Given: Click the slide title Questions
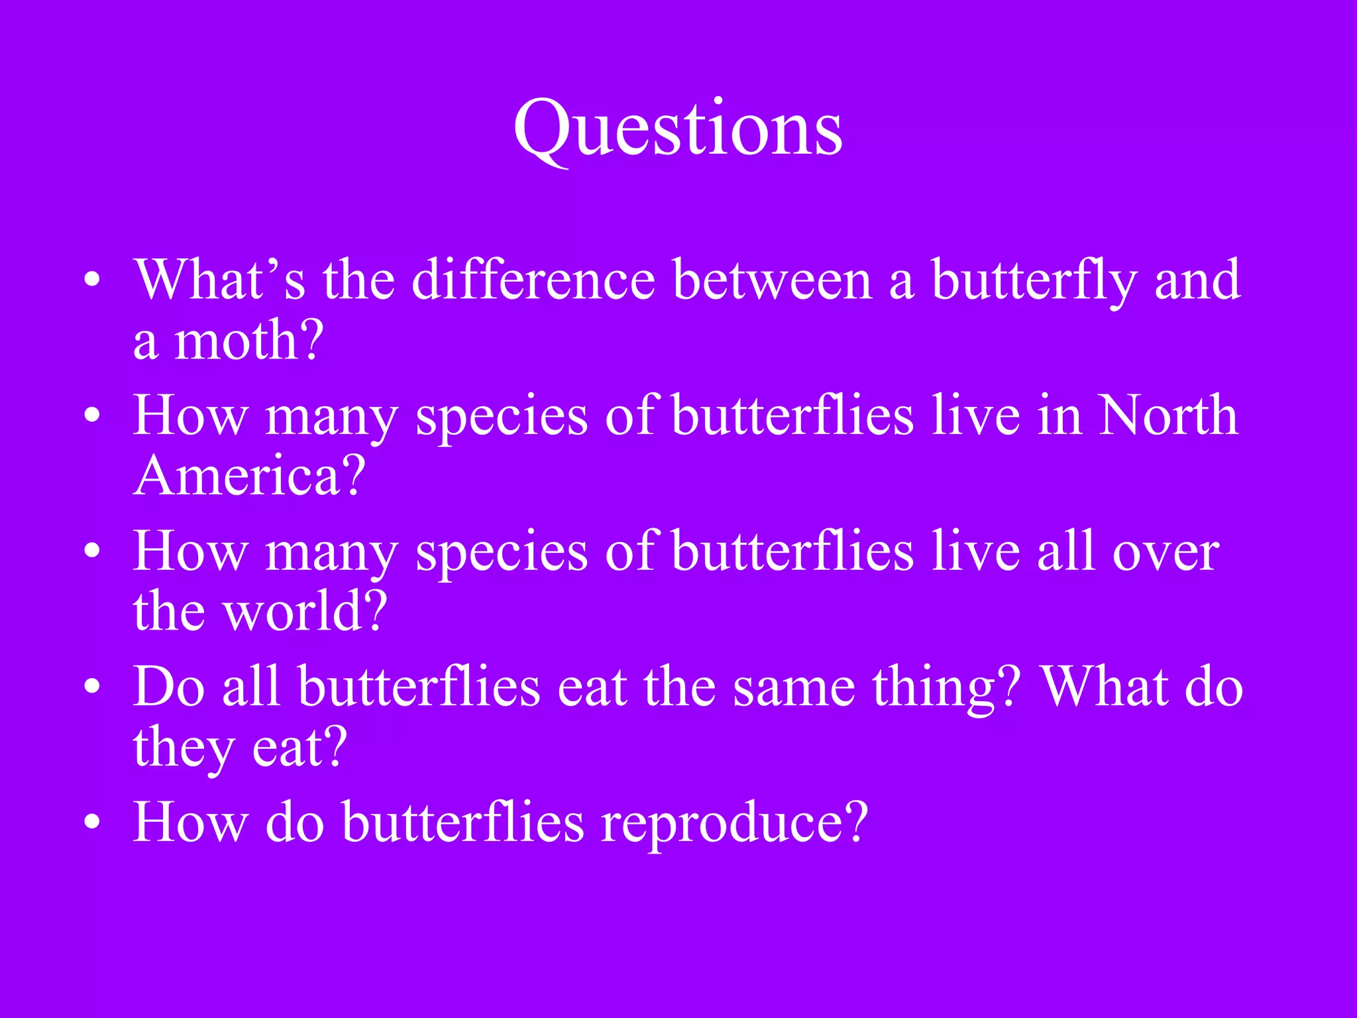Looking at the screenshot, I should coord(678,129).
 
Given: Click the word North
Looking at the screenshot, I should coord(1167,416).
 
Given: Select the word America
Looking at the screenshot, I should coord(239,477).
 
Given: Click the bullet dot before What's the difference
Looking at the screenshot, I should coord(92,280).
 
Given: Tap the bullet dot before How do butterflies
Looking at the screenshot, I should coord(92,822).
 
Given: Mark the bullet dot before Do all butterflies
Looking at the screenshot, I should coord(92,687).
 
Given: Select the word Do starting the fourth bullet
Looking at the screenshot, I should coord(169,687).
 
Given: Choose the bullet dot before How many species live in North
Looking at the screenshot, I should coord(92,416).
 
